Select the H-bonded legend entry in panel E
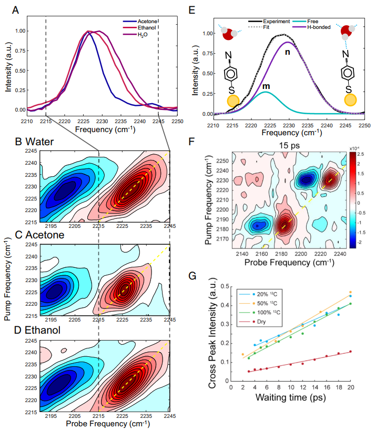(318, 27)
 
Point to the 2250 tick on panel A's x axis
(177, 121)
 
